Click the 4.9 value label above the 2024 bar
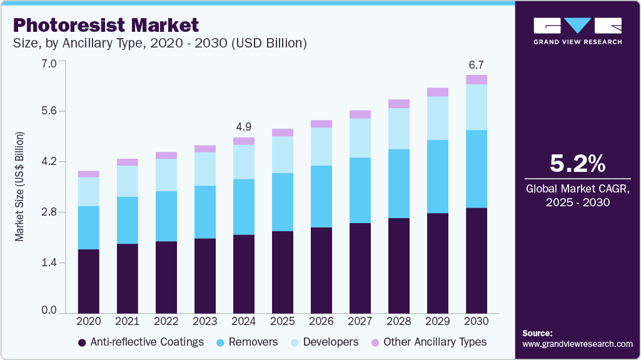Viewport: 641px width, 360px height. [x=244, y=127]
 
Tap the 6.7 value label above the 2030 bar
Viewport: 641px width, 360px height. [x=477, y=64]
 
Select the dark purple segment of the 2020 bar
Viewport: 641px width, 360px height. [x=88, y=281]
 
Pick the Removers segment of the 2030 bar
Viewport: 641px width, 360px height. [x=477, y=169]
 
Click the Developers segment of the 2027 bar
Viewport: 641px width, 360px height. [x=360, y=137]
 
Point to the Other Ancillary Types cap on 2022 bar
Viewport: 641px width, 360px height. [x=166, y=156]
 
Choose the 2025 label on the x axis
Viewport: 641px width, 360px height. [x=283, y=321]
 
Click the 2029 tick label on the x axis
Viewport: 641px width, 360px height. [x=438, y=321]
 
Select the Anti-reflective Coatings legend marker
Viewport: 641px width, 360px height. [x=82, y=342]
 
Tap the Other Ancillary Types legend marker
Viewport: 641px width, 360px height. [x=375, y=342]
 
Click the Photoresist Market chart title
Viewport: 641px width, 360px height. [x=106, y=25]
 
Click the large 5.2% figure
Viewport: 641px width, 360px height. [x=577, y=164]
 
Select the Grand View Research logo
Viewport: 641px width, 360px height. [x=577, y=30]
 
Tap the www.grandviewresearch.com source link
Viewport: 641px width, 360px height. [x=577, y=344]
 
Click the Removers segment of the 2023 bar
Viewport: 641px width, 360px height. [x=205, y=212]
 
